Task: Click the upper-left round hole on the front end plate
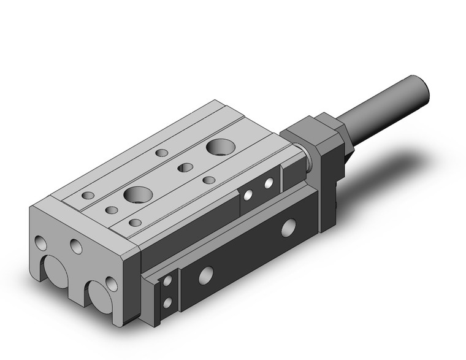coord(40,243)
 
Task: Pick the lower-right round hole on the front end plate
coord(111,283)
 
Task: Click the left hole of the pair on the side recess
coord(248,195)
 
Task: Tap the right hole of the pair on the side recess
coord(269,183)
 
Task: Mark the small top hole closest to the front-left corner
coord(88,195)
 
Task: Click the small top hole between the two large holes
coord(185,167)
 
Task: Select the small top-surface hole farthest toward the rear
coord(162,153)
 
